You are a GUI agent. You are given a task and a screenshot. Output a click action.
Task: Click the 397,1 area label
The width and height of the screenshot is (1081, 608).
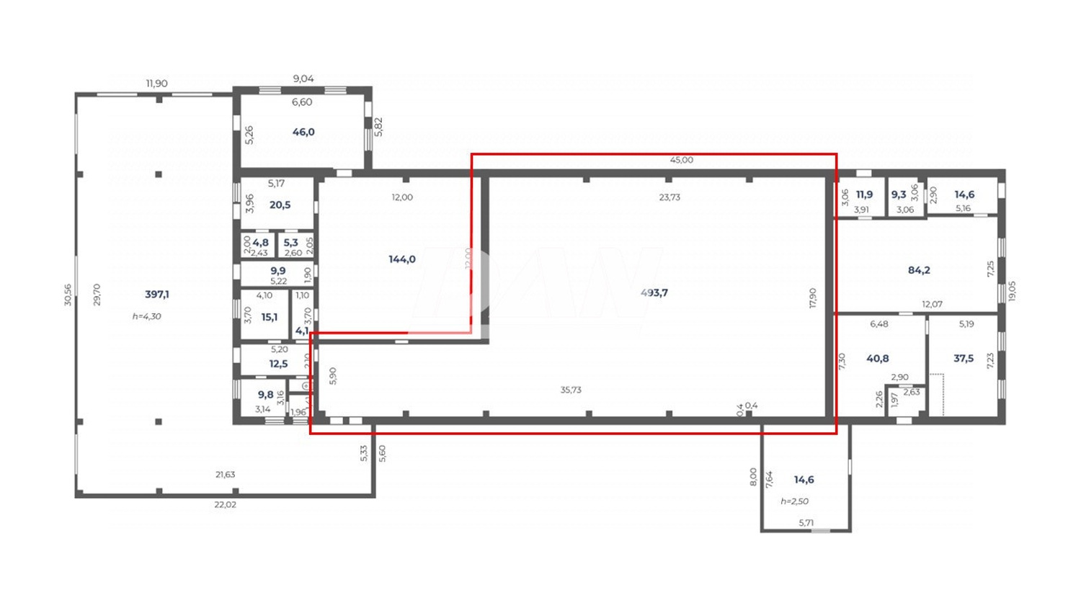coord(157,294)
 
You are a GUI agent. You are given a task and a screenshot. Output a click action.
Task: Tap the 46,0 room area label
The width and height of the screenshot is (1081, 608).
coord(303,132)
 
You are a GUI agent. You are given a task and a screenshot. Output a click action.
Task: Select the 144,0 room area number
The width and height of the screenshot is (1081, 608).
coord(402,259)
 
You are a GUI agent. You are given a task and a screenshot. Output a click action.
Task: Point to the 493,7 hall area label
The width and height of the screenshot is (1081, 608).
coord(654,292)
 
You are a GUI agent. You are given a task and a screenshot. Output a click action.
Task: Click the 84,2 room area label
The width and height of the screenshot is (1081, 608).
coord(919,270)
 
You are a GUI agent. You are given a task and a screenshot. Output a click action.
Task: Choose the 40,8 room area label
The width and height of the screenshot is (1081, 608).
coord(878,358)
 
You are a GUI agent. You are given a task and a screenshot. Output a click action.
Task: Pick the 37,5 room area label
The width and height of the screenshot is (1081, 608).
coord(964,358)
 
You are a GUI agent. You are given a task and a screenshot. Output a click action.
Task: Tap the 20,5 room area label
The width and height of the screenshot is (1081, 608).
coord(280,205)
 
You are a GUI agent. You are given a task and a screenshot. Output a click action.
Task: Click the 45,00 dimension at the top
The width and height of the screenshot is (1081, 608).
coord(681,160)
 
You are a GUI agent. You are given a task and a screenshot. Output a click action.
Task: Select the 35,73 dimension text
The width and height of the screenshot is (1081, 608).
coord(571,390)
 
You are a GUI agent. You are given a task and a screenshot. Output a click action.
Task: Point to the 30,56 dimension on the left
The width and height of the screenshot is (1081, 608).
coord(68,294)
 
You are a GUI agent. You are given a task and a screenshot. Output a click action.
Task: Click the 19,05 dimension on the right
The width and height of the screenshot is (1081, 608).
coord(1012,291)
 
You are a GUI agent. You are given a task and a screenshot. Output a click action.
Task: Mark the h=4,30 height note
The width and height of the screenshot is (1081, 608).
coord(147,316)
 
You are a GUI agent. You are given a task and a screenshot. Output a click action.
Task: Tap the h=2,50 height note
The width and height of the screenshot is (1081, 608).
coord(795,501)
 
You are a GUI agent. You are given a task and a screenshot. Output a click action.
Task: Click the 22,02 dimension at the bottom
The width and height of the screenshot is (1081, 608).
coord(225,504)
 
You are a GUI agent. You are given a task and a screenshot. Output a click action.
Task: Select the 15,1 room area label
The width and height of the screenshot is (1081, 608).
coord(269,317)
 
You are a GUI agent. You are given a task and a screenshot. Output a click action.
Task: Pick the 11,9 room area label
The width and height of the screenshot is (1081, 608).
coord(864,195)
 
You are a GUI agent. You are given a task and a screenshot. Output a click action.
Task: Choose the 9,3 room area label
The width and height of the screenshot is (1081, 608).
coord(899,195)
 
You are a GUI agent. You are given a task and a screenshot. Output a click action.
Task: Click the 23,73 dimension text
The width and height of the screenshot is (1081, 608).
coord(669,197)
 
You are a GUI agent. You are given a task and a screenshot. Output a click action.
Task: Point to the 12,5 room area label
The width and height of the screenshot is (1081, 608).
coord(278,364)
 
